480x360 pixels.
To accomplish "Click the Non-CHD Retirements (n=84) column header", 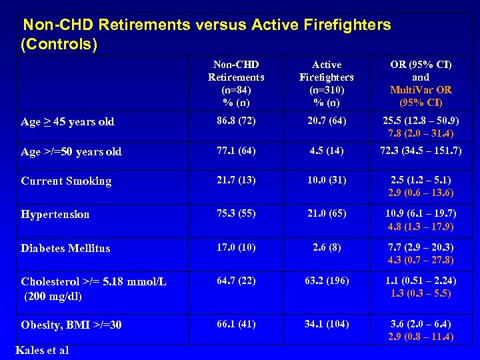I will click(x=236, y=83).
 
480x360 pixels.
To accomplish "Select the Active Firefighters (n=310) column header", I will click(x=327, y=83).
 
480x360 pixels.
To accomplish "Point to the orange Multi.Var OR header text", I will click(x=421, y=89).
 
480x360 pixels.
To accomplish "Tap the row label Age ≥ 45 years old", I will click(x=67, y=121).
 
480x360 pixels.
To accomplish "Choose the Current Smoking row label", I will click(x=66, y=181).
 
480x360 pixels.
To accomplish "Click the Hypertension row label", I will click(x=55, y=214).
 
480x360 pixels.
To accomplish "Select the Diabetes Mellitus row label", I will click(x=65, y=248).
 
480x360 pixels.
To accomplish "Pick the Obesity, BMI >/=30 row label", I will click(x=71, y=325).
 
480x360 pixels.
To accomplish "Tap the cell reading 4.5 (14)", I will click(x=327, y=151).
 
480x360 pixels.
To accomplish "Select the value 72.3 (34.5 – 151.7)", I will click(x=421, y=151).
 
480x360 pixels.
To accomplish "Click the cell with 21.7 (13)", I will click(x=236, y=180).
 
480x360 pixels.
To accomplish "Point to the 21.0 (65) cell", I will click(x=327, y=213).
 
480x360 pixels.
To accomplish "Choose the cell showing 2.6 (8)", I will click(x=327, y=247).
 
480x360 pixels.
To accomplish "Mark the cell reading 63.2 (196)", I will click(x=327, y=280).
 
